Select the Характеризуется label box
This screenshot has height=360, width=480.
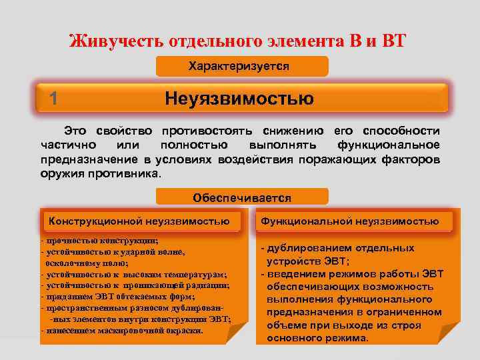coord(241,66)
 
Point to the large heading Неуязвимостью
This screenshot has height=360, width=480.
coord(239,99)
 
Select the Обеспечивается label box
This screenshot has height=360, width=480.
coord(241,197)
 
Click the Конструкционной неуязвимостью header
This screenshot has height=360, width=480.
coord(139,221)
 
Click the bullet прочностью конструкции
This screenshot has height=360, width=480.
coord(100,241)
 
